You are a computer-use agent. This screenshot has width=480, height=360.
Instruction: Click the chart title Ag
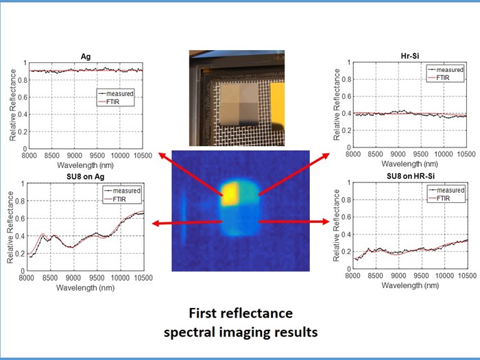tap(86, 58)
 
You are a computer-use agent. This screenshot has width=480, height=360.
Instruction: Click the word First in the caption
tap(205, 314)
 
